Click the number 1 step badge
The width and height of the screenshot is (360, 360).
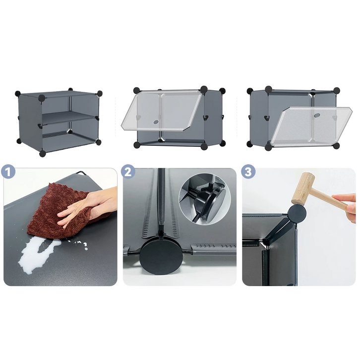8,172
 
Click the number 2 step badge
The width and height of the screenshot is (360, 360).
128,172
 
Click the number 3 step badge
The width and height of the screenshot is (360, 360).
248,172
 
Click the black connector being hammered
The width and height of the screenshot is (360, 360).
297,213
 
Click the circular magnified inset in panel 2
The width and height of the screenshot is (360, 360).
205,199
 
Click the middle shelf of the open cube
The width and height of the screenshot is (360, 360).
69,118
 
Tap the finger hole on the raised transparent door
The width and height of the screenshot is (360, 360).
156,122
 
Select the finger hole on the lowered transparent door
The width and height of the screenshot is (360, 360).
317,115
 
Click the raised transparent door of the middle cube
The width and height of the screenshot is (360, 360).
161,111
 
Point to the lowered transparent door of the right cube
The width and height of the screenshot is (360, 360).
311,126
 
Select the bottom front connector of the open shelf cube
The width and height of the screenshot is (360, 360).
42,153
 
